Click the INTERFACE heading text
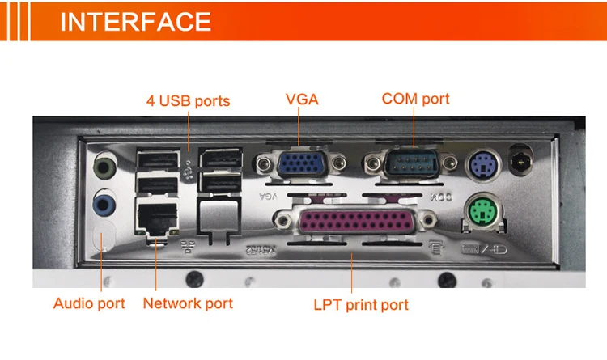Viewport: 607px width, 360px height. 135,21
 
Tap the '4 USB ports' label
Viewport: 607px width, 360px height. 188,101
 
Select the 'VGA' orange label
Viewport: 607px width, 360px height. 302,100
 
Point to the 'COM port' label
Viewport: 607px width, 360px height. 415,99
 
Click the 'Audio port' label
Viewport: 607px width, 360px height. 89,303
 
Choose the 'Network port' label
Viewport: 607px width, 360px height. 188,303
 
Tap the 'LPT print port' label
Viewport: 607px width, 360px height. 361,305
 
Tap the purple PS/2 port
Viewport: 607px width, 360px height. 481,165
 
